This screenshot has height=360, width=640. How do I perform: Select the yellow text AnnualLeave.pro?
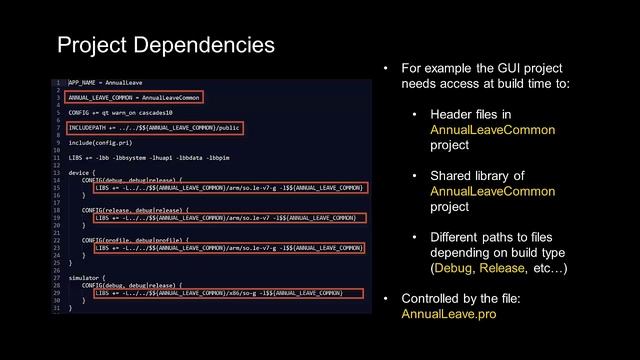pyautogui.click(x=448, y=313)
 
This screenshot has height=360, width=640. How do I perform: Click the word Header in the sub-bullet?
pyautogui.click(x=453, y=115)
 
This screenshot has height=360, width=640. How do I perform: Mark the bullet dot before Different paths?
pyautogui.click(x=415, y=238)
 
